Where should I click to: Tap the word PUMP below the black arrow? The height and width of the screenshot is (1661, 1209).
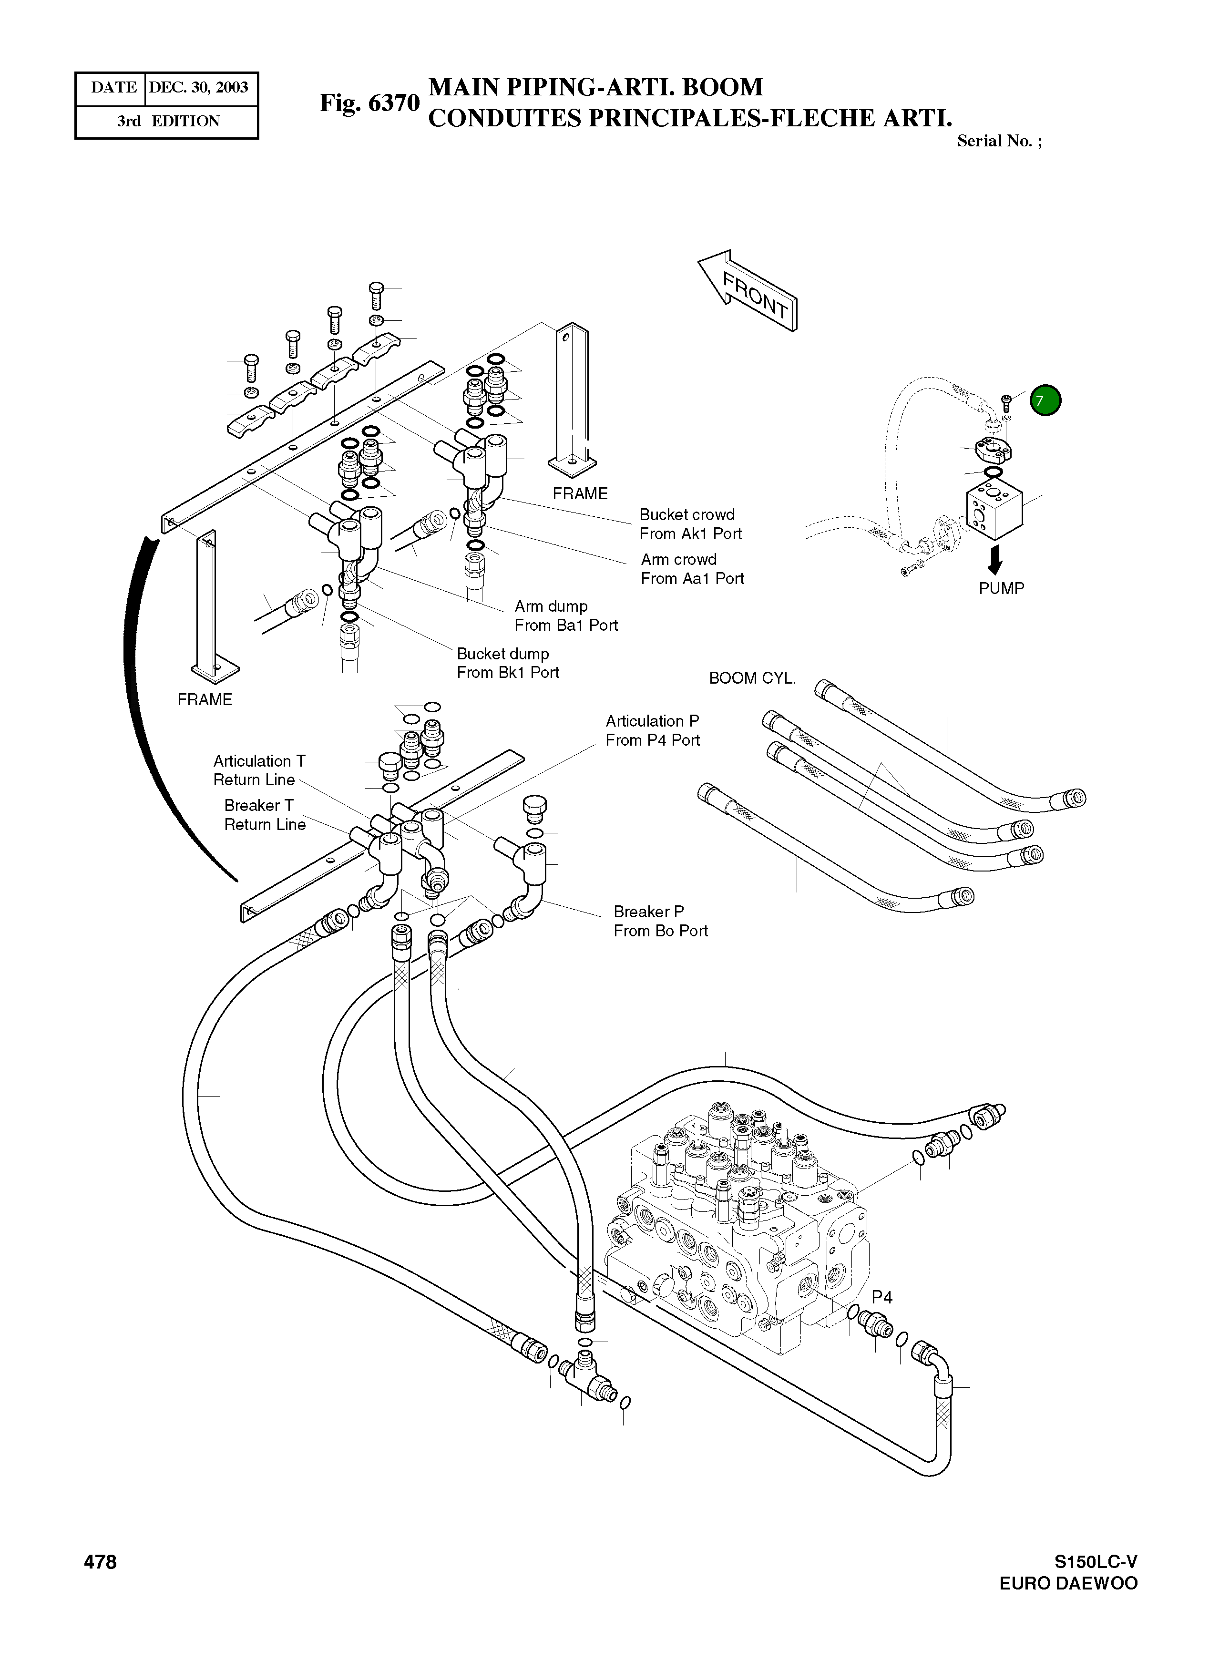[1001, 588]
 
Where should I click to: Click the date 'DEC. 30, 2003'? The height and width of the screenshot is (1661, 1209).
[198, 88]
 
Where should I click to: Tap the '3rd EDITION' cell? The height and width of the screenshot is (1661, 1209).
[168, 121]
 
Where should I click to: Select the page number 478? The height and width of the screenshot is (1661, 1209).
[100, 1562]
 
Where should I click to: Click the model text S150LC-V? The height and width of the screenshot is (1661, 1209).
[1096, 1561]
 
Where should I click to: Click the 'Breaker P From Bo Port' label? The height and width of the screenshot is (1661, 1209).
[661, 921]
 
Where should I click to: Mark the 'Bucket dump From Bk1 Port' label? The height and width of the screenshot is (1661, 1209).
[507, 663]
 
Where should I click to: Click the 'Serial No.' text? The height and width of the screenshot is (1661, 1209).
[999, 141]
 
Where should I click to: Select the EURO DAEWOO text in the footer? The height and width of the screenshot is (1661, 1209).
[1068, 1583]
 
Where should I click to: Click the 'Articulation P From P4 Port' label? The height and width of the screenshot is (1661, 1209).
[653, 730]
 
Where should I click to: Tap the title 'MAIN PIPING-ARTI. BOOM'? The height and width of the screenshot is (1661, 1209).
[595, 87]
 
